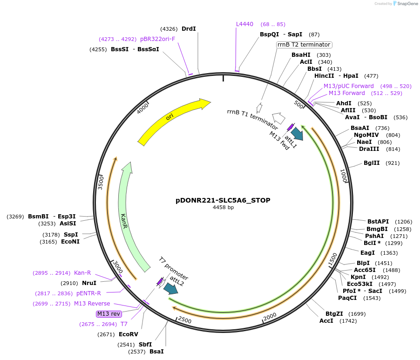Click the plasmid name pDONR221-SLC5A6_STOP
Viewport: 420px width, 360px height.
223,200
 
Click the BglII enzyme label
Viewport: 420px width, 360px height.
372,163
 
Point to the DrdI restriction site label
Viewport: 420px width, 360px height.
189,29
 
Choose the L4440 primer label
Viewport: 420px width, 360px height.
244,24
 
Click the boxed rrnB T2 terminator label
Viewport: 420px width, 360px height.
304,45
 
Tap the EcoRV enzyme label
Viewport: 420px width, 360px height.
129,334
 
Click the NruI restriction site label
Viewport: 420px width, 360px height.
89,283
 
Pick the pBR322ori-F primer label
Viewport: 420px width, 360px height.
157,39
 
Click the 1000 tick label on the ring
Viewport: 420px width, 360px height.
344,176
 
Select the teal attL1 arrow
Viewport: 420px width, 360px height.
297,134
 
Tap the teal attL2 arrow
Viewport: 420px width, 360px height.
170,289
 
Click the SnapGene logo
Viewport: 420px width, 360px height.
403,4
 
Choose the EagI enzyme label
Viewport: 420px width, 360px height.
367,252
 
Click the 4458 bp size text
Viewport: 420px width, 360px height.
223,208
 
